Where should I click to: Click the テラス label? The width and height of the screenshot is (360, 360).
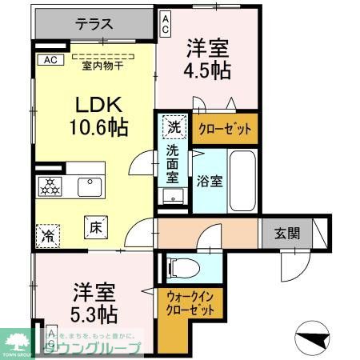pos(94,25)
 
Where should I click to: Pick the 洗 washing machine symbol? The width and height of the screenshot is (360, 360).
pos(174,126)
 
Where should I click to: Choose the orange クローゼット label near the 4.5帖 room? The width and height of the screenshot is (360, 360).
pos(225,127)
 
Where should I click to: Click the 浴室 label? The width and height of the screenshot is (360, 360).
pos(210,181)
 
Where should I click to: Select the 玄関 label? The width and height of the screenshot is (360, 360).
pos(289,234)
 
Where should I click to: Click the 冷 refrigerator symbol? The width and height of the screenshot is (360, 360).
pos(49,236)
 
